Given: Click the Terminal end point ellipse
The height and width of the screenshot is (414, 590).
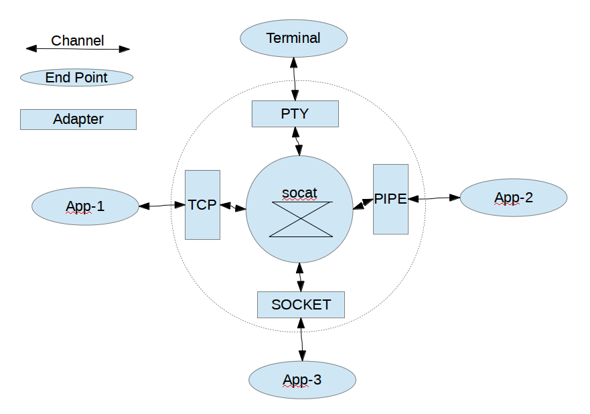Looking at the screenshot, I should [x=293, y=38].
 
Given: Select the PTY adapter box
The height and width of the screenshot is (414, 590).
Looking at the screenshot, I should [x=295, y=113].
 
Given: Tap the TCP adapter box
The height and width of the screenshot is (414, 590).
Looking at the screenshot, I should [x=202, y=204].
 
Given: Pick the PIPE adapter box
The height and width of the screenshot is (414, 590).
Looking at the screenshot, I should [x=390, y=199].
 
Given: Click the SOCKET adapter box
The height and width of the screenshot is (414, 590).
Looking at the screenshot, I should [x=301, y=305].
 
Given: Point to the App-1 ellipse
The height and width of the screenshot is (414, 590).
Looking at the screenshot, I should [x=85, y=206].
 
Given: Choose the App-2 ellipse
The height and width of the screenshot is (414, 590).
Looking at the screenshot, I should [x=514, y=198].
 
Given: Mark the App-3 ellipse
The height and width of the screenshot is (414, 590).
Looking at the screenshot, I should [x=302, y=381].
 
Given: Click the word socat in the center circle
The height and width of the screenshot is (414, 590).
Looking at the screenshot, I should [x=299, y=193].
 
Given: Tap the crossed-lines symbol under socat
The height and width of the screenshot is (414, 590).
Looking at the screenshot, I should [x=301, y=219].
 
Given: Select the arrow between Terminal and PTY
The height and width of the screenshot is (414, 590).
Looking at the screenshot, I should [x=294, y=80].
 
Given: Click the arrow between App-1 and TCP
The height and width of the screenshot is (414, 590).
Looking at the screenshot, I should [x=161, y=206].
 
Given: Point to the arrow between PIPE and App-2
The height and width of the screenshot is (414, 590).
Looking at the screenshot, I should [x=434, y=198].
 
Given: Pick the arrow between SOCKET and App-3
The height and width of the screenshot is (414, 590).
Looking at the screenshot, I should [x=301, y=341].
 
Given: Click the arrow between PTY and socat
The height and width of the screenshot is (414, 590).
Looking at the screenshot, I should [x=297, y=141].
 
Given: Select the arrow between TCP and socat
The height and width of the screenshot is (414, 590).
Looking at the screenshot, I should [x=233, y=207].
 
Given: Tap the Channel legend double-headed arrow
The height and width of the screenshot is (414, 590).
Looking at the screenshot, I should [x=78, y=49].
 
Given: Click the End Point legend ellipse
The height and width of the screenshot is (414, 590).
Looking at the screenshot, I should [x=77, y=78].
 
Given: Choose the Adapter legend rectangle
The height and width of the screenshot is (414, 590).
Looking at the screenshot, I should [x=78, y=119].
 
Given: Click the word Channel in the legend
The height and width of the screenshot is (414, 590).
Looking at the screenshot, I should [x=78, y=40].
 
